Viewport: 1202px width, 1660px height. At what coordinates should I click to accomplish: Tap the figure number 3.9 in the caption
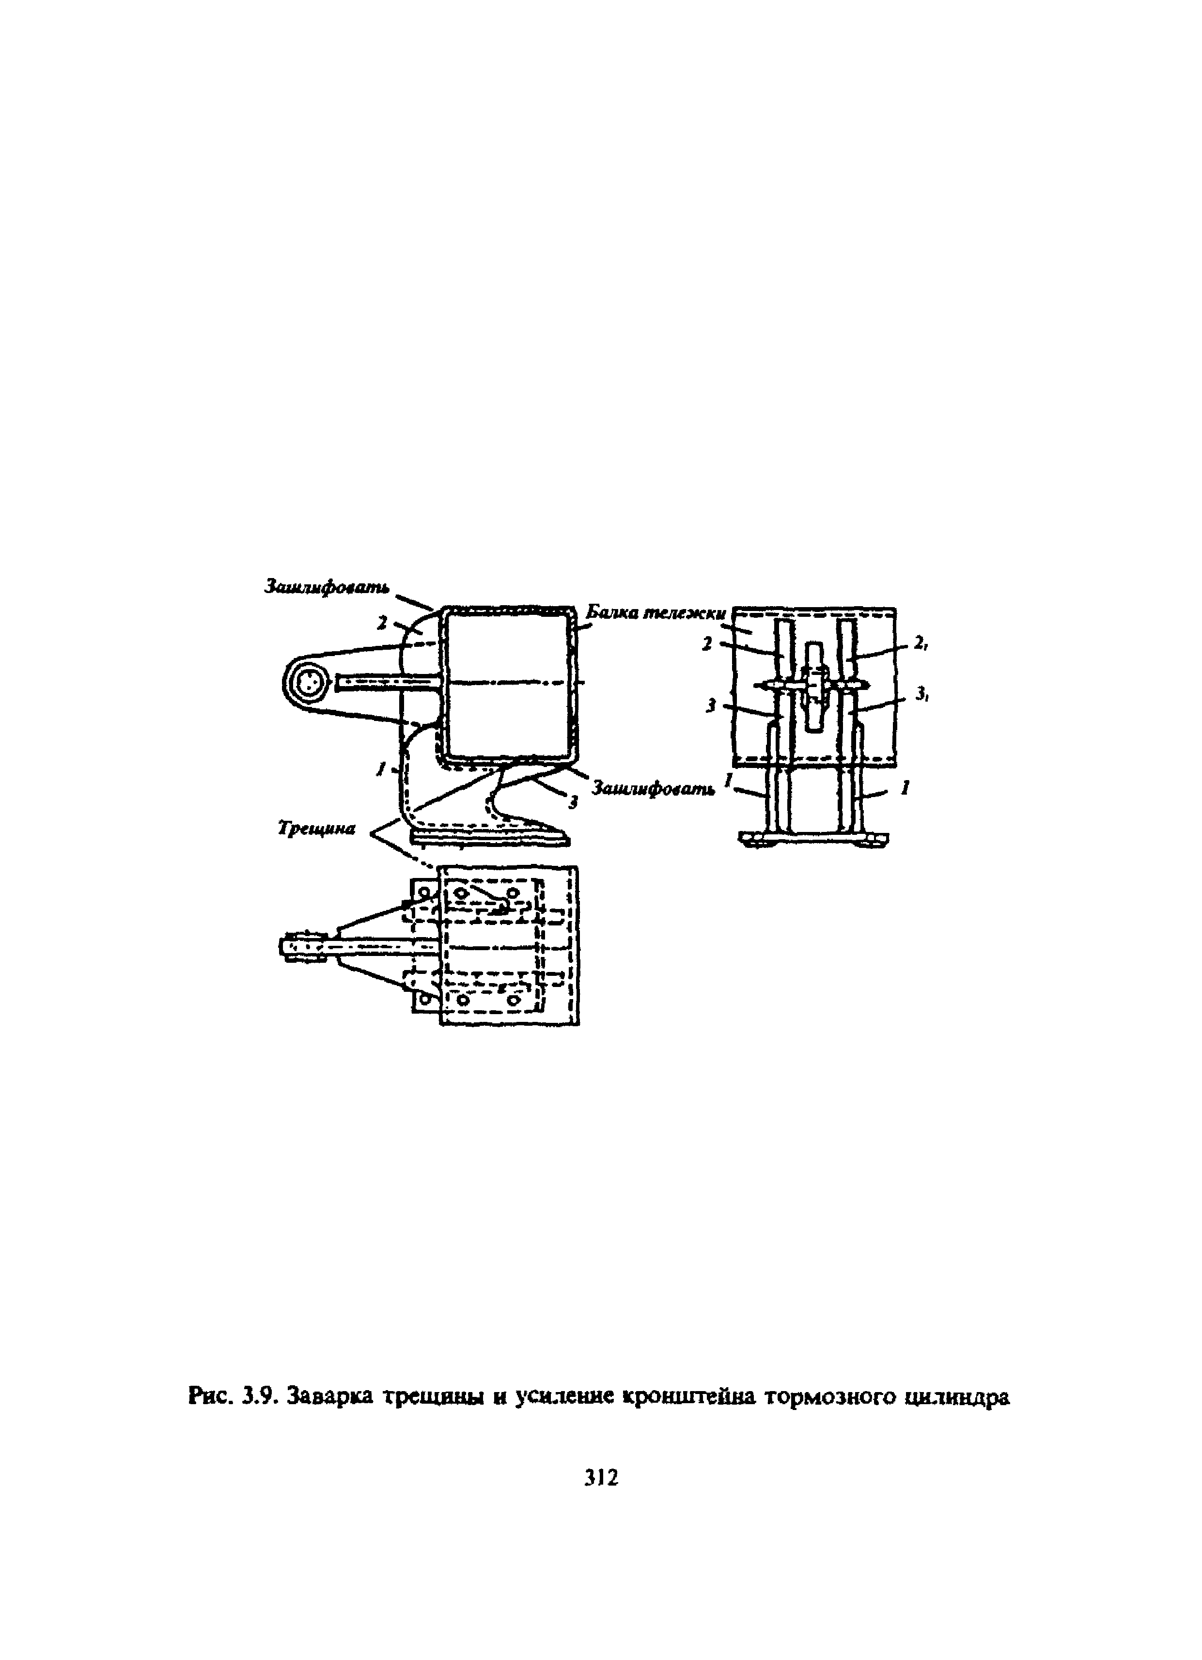click(258, 1397)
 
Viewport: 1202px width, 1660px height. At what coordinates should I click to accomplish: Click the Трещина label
click(316, 828)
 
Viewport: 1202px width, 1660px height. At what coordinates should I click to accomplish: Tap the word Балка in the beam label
click(613, 612)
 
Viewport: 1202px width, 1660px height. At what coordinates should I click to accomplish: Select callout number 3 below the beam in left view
click(573, 803)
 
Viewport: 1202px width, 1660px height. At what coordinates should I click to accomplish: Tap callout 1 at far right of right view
click(905, 788)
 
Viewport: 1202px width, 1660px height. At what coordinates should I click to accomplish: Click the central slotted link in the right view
click(813, 687)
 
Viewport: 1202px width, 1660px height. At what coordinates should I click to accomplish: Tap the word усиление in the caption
click(562, 1397)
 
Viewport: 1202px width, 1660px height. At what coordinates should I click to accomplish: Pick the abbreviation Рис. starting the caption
click(210, 1397)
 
